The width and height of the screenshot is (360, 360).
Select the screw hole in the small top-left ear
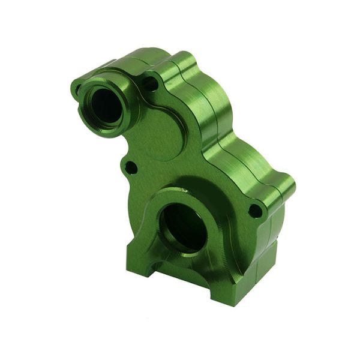click(76, 91)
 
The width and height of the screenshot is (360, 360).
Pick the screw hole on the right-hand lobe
click(256, 211)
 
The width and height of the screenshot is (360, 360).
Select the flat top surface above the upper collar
click(138, 60)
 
